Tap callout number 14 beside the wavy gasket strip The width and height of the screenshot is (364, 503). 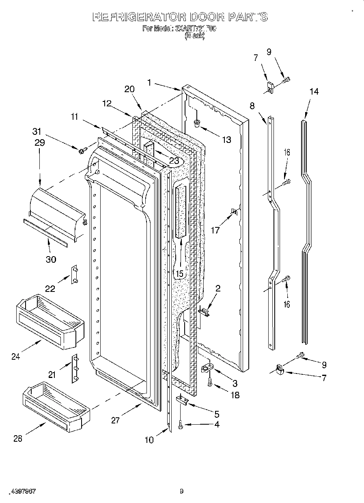coord(314,92)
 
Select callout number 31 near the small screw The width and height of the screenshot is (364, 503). coord(37,132)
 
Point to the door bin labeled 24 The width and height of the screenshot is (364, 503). coord(50,321)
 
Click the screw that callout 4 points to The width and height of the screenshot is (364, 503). coord(180,425)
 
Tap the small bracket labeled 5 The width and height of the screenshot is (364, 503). coord(182,401)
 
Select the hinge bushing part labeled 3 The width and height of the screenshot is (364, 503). coord(207,369)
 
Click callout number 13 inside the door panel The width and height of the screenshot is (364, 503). coord(226,140)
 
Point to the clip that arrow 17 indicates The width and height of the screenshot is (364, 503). coord(234,212)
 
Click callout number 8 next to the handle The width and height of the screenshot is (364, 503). coord(252,106)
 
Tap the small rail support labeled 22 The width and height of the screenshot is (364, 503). coord(74,275)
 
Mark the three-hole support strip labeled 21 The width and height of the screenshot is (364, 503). coord(75,368)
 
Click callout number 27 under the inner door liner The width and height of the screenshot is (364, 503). coord(115,420)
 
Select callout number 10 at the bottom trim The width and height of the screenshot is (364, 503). coord(149,439)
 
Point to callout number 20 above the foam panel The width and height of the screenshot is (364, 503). coord(129,89)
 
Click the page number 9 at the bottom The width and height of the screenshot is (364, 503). coord(182,492)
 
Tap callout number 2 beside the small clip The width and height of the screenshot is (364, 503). coord(218,289)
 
